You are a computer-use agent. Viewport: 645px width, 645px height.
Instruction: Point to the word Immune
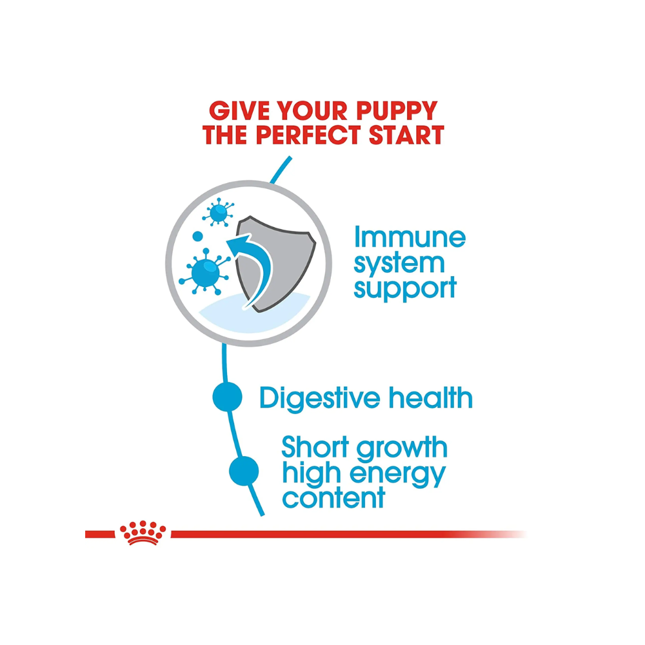point(410,237)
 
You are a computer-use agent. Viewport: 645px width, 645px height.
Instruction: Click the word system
point(399,263)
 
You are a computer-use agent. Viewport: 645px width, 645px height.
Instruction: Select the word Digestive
point(321,398)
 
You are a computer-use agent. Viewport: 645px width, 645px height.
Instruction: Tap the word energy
point(399,474)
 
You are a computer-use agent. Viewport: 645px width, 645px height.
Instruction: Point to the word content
point(333,498)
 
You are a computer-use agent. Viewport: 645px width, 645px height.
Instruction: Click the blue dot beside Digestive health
point(227,398)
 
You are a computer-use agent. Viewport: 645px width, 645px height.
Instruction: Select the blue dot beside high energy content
point(244,471)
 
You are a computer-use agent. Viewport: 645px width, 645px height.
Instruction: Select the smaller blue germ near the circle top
point(218,212)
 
